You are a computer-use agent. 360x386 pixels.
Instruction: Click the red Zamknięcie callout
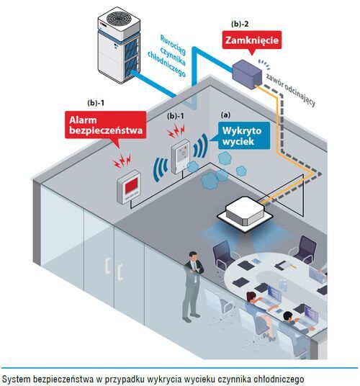coord(252,40)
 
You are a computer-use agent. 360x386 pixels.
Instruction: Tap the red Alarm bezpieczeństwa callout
coord(106,125)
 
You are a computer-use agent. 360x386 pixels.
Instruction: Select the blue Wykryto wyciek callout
coord(242,135)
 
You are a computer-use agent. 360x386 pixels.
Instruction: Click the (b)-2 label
coord(240,24)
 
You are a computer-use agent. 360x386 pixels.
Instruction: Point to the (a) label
coord(225,115)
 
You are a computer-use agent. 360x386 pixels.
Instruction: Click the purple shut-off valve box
coord(247,74)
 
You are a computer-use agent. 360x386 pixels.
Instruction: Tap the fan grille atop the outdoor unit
coord(118,18)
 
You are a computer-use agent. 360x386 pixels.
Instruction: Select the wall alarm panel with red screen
coord(128,187)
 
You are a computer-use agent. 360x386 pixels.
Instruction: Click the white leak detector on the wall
coord(181,156)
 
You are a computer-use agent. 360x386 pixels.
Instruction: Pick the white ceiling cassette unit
coord(245,210)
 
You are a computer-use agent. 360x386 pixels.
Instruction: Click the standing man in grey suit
coord(193,287)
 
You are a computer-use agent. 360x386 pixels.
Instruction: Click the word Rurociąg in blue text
coord(173,45)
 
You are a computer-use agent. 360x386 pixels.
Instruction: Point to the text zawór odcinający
coord(290,90)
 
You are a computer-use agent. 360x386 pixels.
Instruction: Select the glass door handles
coord(114,269)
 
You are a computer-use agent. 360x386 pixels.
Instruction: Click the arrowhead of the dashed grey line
coord(319,174)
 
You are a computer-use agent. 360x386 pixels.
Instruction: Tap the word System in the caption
coord(16,379)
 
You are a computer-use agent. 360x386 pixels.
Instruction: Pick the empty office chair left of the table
coord(223,256)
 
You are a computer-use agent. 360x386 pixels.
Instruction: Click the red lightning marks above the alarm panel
coord(122,161)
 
